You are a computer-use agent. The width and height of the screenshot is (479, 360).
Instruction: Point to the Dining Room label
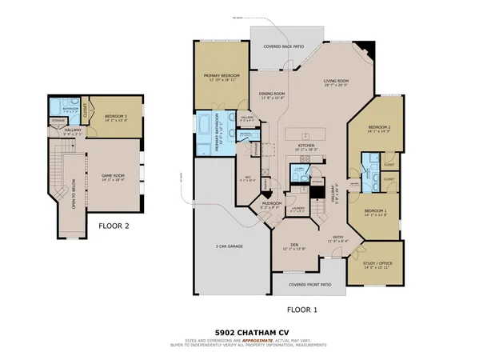tap(273, 94)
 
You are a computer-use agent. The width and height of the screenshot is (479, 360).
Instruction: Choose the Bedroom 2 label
tap(379, 128)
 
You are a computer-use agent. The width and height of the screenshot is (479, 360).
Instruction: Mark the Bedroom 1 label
tap(376, 210)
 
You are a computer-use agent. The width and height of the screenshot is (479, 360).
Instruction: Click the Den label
tap(294, 246)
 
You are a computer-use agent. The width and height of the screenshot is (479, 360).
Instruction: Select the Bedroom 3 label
tap(116, 117)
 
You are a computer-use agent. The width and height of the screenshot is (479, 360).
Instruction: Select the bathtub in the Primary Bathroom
tap(203, 132)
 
